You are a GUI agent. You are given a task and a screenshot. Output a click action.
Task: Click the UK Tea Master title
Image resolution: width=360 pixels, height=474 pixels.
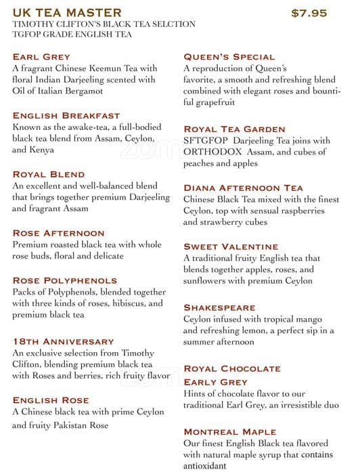point(67,13)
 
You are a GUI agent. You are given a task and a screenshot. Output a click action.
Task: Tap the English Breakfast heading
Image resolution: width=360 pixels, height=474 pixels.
point(66,116)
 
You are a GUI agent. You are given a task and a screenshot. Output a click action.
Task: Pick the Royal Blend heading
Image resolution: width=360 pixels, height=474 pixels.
point(49,174)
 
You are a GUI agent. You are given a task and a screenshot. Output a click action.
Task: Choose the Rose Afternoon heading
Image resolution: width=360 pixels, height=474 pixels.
point(58,233)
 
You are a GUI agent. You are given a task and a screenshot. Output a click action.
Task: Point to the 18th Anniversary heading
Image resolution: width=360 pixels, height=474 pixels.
point(63,341)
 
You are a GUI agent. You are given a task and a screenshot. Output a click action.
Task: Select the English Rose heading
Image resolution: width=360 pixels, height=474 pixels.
point(51,400)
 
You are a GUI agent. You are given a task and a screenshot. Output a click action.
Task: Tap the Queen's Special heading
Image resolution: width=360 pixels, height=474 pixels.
point(229,57)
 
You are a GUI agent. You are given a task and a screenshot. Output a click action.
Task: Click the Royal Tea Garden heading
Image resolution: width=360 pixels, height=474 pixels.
point(234,129)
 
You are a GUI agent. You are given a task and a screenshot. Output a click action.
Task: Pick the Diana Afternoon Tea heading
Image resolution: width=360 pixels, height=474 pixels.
point(244,188)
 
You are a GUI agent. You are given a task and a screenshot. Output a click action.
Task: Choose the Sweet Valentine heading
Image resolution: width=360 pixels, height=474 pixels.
point(231,246)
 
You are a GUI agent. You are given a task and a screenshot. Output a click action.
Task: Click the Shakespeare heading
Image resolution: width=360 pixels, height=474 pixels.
point(219,307)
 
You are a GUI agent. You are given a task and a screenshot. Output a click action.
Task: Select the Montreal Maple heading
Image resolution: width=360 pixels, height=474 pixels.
point(230,431)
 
